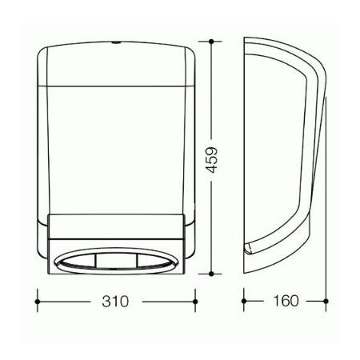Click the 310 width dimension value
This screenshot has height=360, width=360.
tap(115, 302)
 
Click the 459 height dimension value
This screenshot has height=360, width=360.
tap(212, 160)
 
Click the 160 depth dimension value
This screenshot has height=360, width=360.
tap(286, 301)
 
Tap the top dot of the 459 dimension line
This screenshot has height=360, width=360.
tap(211, 42)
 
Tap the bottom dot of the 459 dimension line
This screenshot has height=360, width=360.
tap(211, 274)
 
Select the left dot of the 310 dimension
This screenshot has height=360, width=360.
tap(38, 302)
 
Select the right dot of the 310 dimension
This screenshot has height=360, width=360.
tap(195, 302)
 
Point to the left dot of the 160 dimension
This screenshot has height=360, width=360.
tap(244, 301)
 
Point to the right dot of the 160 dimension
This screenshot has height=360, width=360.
tap(326, 301)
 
